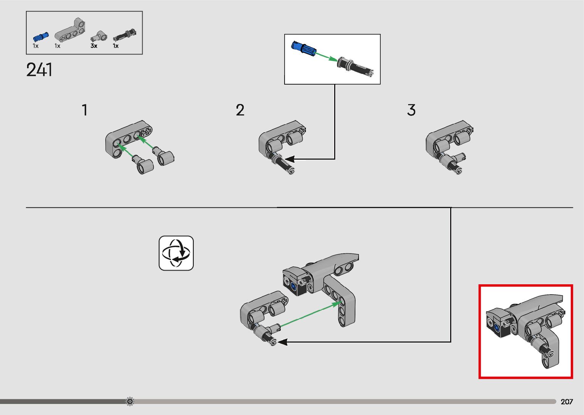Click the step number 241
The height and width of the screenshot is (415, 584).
click(39, 70)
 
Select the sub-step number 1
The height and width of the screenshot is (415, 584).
click(85, 110)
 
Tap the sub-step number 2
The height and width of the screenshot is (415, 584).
click(240, 110)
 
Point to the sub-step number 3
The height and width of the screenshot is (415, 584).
click(411, 110)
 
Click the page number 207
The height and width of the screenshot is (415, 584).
click(567, 402)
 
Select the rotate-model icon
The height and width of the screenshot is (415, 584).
click(176, 253)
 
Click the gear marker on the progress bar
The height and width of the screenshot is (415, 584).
click(130, 401)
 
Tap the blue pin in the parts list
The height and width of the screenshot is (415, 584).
click(40, 37)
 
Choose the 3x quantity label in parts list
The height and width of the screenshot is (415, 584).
click(94, 46)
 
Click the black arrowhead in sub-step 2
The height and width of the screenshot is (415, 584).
click(290, 159)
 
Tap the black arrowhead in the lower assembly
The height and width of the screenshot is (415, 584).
click(283, 342)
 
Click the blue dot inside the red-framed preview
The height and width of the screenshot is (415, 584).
click(497, 329)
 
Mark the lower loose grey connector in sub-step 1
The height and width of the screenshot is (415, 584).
click(143, 165)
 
